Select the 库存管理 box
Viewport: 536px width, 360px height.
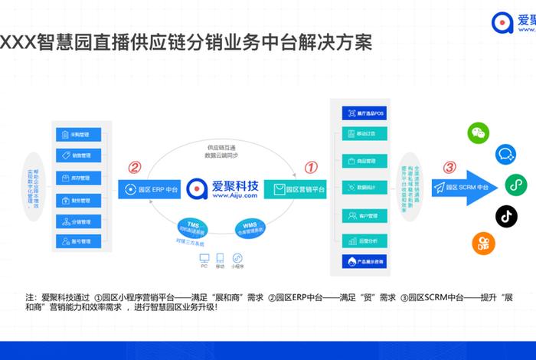[x=80, y=177]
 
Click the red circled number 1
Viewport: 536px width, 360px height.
[x=312, y=166]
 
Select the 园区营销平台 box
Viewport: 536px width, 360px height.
[x=295, y=188]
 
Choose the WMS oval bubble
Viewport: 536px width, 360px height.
[x=250, y=227]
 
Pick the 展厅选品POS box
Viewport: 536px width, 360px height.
[x=363, y=113]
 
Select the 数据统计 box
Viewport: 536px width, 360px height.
[x=363, y=186]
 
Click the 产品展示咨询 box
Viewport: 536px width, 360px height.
[x=363, y=262]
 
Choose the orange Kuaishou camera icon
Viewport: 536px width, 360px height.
[x=483, y=244]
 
